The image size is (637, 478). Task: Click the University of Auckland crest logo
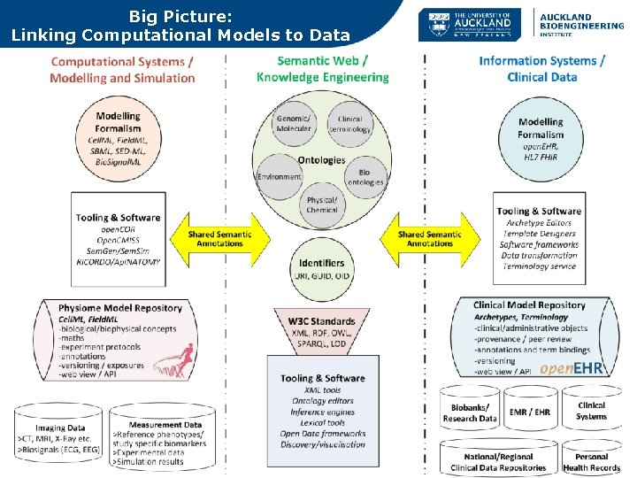pyautogui.click(x=437, y=26)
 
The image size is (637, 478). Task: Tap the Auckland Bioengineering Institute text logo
pyautogui.click(x=581, y=26)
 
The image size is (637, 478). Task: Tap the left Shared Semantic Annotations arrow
pyautogui.click(x=219, y=239)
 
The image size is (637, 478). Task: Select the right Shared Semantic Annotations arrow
pyautogui.click(x=429, y=239)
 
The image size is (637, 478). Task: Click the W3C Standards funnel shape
pyautogui.click(x=321, y=333)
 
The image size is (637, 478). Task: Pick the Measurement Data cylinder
pyautogui.click(x=165, y=439)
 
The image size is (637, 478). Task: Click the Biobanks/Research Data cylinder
pyautogui.click(x=470, y=411)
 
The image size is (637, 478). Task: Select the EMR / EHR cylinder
pyautogui.click(x=530, y=411)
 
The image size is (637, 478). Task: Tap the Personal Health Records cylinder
pyautogui.click(x=591, y=459)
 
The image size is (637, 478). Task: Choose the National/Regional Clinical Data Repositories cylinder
pyautogui.click(x=498, y=459)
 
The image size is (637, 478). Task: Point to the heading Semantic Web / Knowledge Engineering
pyautogui.click(x=322, y=68)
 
